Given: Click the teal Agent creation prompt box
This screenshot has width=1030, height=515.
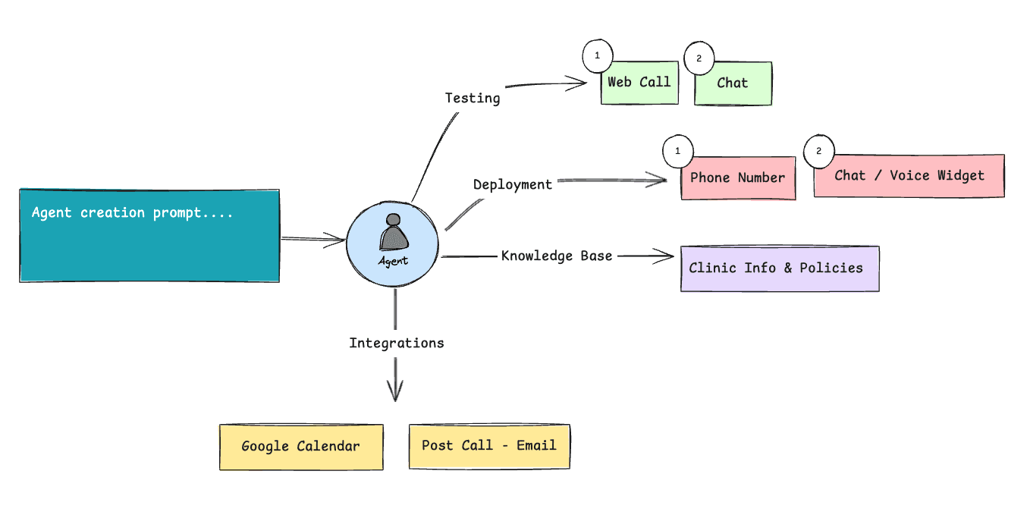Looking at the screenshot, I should point(149,236).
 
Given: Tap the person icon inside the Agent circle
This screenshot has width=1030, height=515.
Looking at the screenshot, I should point(393,233).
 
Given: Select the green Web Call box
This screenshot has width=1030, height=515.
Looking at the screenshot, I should point(639,83).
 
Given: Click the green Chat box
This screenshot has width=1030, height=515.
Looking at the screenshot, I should point(733,83).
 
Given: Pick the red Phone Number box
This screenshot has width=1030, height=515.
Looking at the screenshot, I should point(738,178).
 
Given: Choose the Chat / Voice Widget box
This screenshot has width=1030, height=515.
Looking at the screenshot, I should point(909,176).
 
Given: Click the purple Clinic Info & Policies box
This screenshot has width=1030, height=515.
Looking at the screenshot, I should point(780,268).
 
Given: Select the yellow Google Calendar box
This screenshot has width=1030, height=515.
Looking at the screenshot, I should point(301,447).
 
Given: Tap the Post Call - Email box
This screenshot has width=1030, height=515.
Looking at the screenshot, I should point(489,446).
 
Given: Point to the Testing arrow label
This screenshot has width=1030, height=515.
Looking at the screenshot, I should point(473,98).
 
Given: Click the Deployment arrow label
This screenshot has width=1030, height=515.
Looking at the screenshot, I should point(513,184).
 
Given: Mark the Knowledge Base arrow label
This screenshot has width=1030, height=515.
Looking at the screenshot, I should point(557,256).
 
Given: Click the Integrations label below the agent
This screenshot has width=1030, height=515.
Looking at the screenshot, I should point(396,343).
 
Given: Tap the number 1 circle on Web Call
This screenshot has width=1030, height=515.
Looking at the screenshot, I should point(597,57).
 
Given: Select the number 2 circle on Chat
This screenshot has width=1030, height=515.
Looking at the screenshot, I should point(699,58).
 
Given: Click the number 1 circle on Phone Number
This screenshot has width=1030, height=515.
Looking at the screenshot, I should point(677,152).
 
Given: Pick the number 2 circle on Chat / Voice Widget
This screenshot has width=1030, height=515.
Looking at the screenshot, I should point(818,151).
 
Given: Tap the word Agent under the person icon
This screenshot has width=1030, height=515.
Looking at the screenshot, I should point(393,261).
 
